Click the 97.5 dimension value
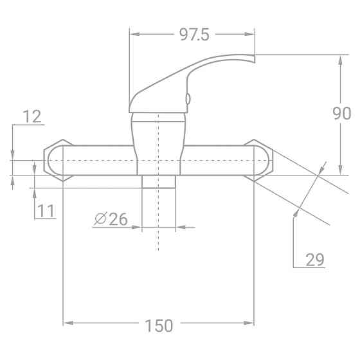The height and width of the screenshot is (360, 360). coord(191,35)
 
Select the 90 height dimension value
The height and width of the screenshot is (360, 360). coord(341,114)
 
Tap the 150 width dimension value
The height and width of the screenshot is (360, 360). coord(159,326)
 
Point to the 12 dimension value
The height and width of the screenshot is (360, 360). coord(32,116)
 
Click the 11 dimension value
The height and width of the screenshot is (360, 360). coord(45,210)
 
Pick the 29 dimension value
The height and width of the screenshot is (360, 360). coord(314,260)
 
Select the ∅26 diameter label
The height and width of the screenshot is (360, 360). coord(111,219)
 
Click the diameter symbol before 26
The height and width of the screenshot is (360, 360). coord(100,220)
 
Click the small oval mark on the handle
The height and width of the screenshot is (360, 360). coord(188,98)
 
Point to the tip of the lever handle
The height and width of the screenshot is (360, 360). coord(252,59)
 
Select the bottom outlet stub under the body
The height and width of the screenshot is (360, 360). coord(159,181)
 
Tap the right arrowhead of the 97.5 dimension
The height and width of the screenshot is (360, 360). coord(250,35)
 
